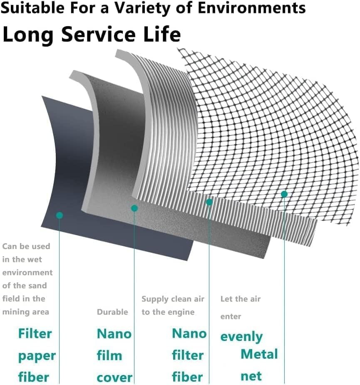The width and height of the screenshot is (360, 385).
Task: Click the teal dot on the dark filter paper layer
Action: tap(60, 215)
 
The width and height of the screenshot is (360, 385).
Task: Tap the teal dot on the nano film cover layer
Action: tap(134, 208)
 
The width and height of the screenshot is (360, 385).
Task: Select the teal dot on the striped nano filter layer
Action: tap(209, 202)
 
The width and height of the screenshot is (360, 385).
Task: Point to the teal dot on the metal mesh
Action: tap(284, 194)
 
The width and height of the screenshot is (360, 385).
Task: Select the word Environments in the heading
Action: tap(252, 7)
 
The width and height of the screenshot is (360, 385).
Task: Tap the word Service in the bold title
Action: tap(98, 34)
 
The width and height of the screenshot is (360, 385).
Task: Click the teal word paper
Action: tap(37, 356)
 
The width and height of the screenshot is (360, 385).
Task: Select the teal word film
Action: tap(109, 355)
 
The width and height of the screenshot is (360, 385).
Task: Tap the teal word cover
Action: tap(114, 378)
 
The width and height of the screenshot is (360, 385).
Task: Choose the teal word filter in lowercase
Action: tap(188, 355)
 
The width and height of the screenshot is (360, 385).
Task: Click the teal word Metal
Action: tap(259, 354)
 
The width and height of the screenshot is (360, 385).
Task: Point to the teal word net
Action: tap(251, 376)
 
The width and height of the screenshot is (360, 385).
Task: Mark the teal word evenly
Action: tap(241, 337)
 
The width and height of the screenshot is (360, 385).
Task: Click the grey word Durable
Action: tap(112, 312)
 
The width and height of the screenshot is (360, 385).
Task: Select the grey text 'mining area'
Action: tap(26, 312)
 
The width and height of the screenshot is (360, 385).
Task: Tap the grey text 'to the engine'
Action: tap(168, 312)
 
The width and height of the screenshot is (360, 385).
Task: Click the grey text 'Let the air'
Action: tap(241, 299)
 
